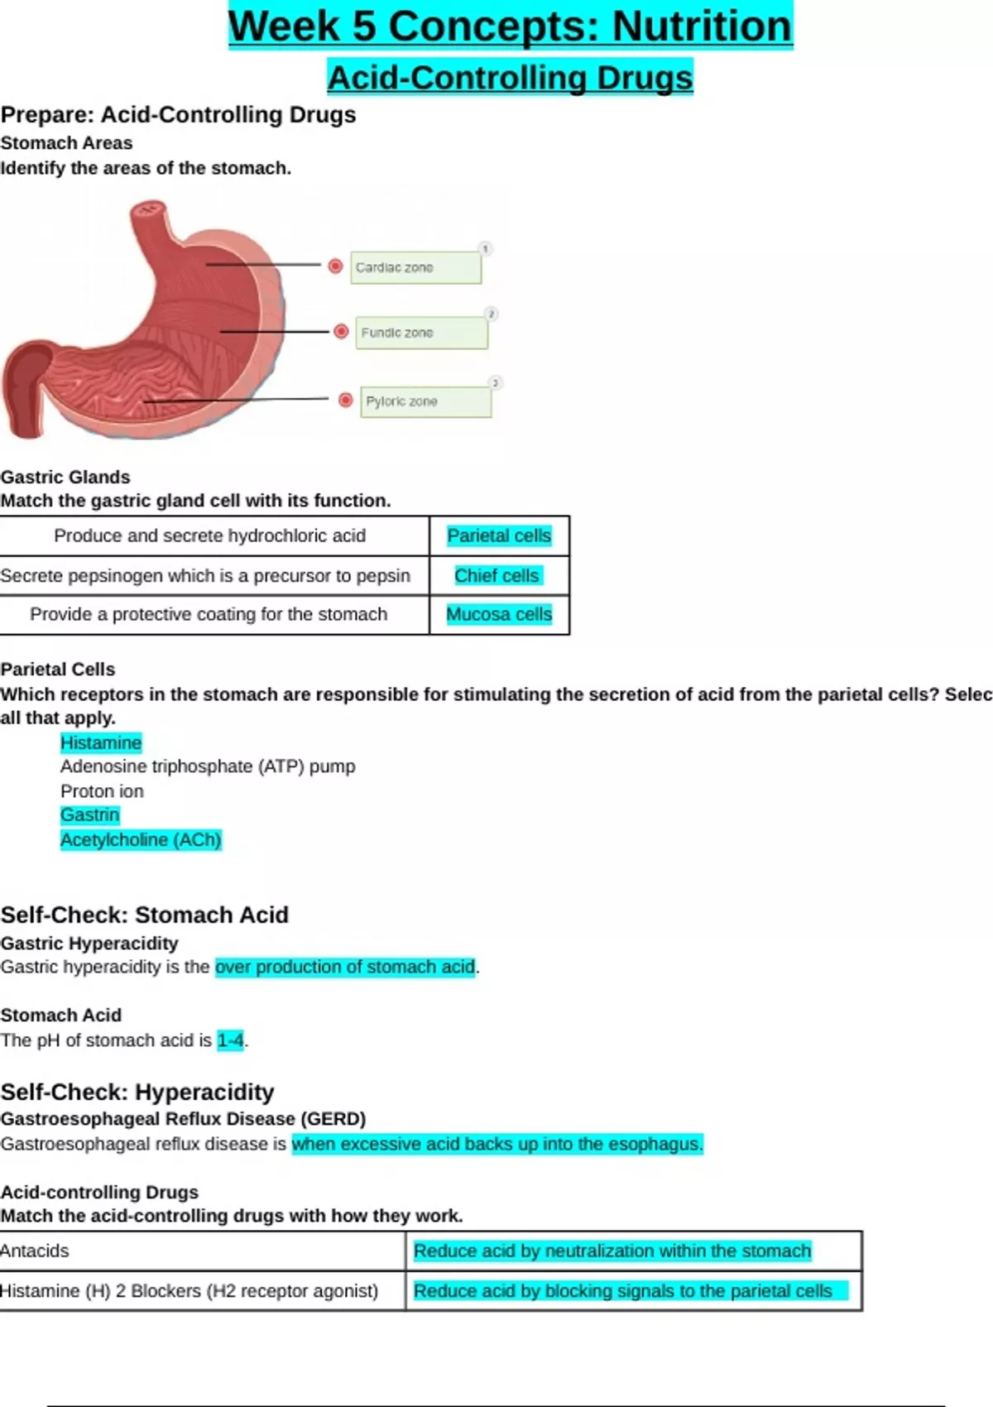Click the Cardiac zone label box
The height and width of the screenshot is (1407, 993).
(415, 267)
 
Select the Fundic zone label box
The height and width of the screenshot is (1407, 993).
(421, 333)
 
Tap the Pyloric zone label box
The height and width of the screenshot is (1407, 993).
(425, 401)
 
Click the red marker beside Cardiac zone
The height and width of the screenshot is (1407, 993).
(335, 266)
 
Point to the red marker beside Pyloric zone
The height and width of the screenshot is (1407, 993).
(346, 400)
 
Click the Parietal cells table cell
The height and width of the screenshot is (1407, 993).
(499, 536)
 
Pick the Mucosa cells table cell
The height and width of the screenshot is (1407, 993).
(499, 615)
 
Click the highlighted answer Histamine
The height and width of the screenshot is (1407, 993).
(101, 743)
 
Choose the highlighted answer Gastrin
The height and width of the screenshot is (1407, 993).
(90, 815)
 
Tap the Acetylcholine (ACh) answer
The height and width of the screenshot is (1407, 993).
(141, 840)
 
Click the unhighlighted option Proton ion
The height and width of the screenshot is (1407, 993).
(102, 791)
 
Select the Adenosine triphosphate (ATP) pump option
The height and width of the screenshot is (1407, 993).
(208, 766)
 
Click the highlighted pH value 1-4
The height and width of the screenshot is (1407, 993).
(231, 1040)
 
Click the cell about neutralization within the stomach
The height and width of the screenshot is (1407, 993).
(612, 1251)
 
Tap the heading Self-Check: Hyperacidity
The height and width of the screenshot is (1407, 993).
(137, 1092)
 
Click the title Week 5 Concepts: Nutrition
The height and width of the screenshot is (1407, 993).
(510, 26)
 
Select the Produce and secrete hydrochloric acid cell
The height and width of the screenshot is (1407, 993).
(210, 536)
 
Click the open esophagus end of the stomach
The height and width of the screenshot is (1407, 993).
(148, 209)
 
